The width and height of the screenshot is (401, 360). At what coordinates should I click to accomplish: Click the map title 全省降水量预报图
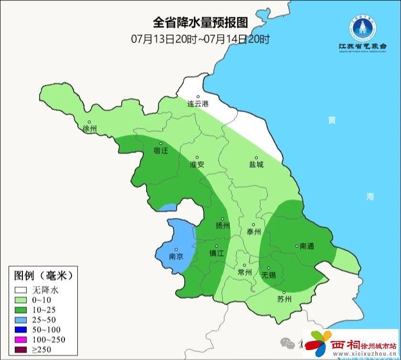tap(200, 23)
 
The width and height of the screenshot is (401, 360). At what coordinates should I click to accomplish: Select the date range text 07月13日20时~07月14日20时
tap(200, 39)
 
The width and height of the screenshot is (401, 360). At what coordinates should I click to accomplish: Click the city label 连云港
tap(198, 104)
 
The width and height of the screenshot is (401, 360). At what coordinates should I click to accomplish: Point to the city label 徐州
tap(89, 129)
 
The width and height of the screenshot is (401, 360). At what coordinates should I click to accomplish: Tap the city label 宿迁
tap(161, 150)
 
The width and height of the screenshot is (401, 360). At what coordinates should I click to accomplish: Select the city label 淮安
tap(197, 164)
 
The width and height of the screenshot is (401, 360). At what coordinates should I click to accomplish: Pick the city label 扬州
tap(223, 225)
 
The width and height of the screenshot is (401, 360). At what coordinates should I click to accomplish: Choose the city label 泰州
tap(254, 232)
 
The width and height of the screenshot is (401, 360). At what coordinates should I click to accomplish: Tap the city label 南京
tap(177, 256)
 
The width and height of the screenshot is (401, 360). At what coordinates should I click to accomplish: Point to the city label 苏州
tap(284, 299)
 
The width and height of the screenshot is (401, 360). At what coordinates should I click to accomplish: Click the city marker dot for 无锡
tap(269, 268)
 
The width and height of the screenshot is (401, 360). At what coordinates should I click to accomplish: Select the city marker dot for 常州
tap(244, 265)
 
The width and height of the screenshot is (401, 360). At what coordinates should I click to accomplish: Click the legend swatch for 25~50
tap(21, 319)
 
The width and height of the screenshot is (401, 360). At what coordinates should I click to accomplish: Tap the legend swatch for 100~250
tap(21, 339)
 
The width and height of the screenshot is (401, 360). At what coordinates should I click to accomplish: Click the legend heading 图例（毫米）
tap(43, 275)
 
